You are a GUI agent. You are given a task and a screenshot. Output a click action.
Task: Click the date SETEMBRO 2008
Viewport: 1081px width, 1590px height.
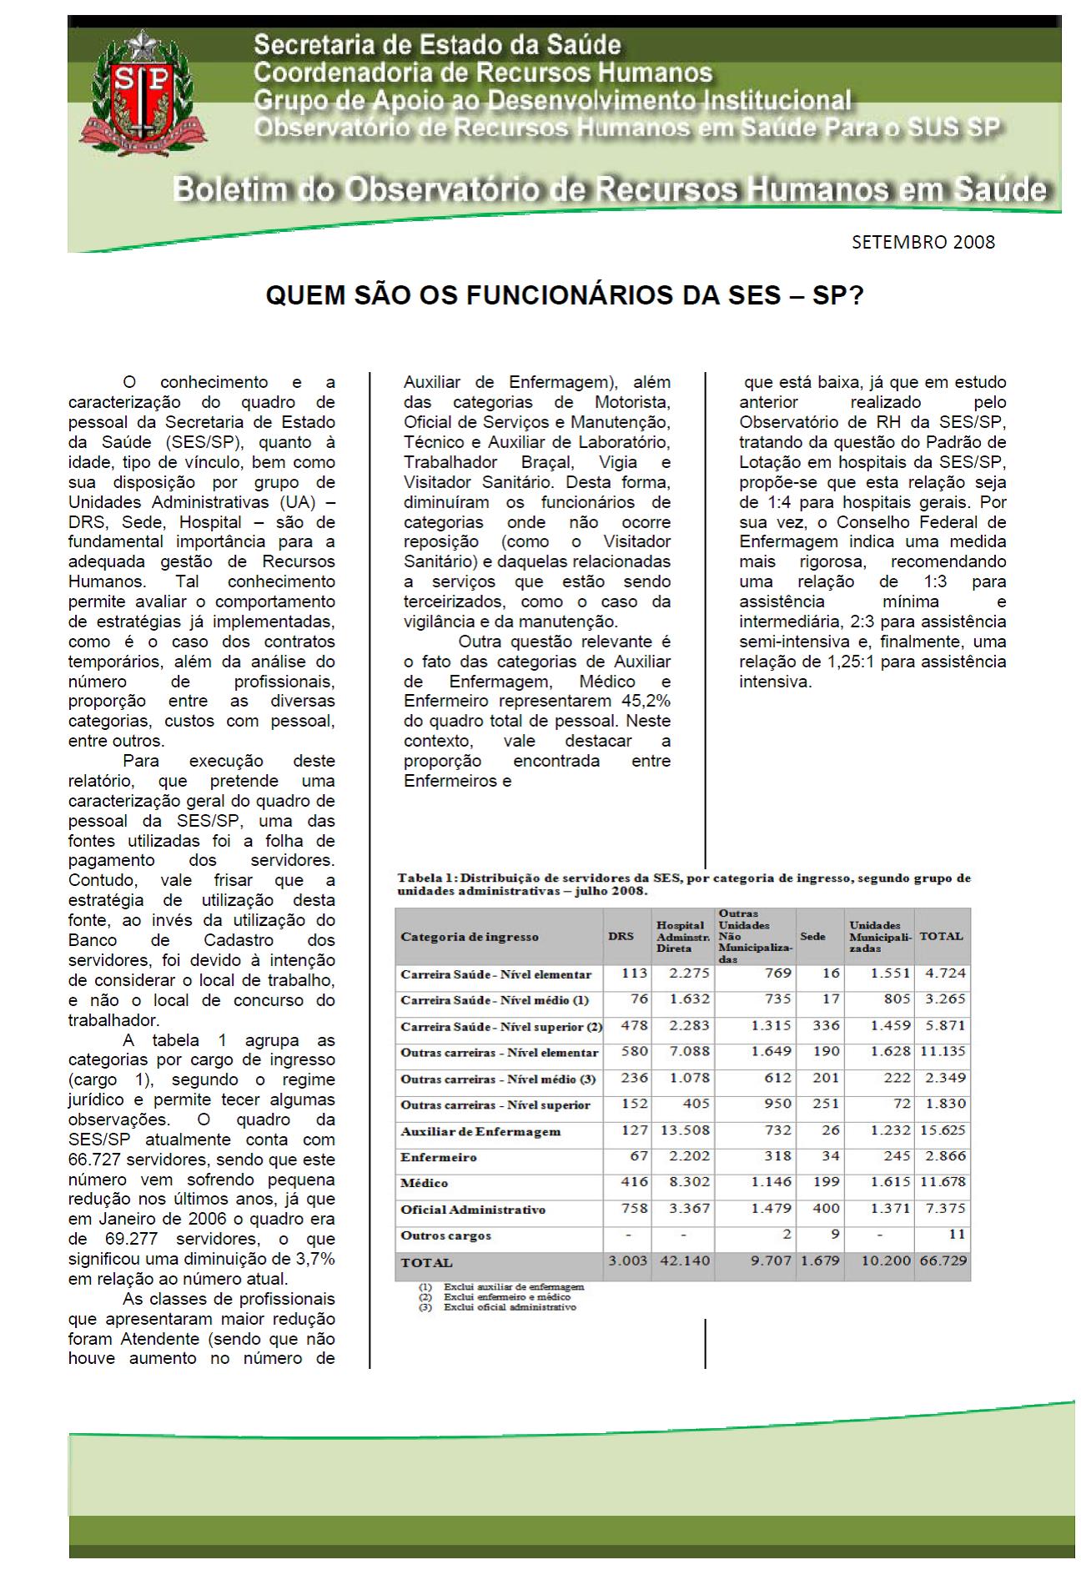click(x=923, y=242)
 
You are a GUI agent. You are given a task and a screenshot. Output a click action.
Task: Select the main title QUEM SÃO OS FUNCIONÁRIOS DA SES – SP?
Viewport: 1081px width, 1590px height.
click(x=565, y=295)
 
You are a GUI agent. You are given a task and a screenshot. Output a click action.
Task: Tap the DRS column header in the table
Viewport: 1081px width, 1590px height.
click(x=621, y=936)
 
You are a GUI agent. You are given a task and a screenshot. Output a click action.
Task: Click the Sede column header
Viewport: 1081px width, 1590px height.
click(x=812, y=936)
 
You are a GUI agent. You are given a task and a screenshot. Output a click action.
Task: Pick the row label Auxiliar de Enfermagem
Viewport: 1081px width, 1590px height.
click(x=480, y=1131)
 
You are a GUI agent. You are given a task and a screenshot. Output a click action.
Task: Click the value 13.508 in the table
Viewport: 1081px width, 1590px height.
click(x=685, y=1130)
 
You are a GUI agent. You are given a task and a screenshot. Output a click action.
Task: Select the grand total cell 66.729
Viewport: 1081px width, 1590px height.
click(x=942, y=1260)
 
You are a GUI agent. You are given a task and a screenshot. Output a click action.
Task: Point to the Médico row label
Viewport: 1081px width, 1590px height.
click(x=425, y=1183)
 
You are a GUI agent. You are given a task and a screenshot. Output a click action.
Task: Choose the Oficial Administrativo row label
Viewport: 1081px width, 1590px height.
click(x=473, y=1209)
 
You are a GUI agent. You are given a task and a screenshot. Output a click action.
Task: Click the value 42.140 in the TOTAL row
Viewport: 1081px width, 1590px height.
click(x=685, y=1260)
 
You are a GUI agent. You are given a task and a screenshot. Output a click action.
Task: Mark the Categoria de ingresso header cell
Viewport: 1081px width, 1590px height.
click(x=470, y=936)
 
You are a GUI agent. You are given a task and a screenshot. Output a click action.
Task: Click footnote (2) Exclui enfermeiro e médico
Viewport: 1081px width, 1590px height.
click(x=506, y=1296)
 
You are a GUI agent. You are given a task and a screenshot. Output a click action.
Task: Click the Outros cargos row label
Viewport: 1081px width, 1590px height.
click(x=445, y=1235)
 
